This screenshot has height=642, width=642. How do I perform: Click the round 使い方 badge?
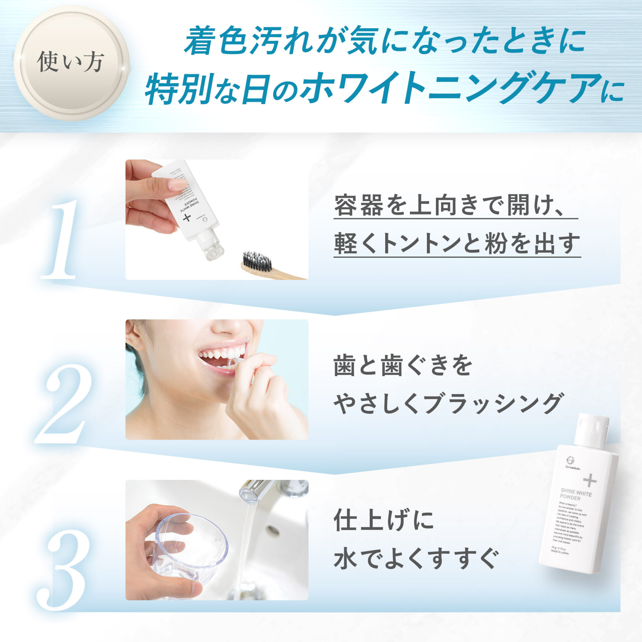(71, 63)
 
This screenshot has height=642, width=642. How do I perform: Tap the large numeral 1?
(60, 239)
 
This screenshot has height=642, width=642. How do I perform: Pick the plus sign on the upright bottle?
(590, 480)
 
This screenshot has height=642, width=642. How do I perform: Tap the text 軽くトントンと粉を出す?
(457, 244)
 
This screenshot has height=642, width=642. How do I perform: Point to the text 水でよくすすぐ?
(416, 558)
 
